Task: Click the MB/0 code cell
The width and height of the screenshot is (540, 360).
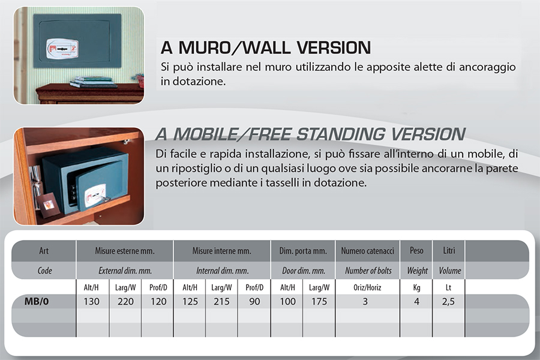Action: coord(37,301)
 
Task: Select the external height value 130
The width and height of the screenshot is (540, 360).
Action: coord(92,301)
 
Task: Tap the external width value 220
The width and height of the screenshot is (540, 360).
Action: coord(125,301)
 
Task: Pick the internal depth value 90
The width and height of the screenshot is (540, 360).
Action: coord(254,301)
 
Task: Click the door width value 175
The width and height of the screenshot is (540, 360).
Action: coord(319,301)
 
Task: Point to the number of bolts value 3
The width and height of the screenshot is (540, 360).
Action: coord(365,301)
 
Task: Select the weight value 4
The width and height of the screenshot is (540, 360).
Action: coord(417,301)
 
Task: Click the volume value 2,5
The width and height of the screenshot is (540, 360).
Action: coord(448,301)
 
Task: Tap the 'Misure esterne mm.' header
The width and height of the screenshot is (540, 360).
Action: coord(125,251)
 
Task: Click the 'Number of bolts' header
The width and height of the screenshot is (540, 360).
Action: coord(368,271)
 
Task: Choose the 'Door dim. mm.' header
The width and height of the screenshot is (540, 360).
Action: coord(304,271)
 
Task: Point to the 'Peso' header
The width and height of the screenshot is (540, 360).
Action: coord(417,250)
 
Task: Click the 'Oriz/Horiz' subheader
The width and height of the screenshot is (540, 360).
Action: coord(367,287)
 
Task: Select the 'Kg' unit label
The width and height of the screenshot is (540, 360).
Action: coord(417,287)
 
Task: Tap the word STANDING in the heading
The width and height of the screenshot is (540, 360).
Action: coord(341,134)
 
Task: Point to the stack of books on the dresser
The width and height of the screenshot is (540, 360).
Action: coord(92,82)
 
